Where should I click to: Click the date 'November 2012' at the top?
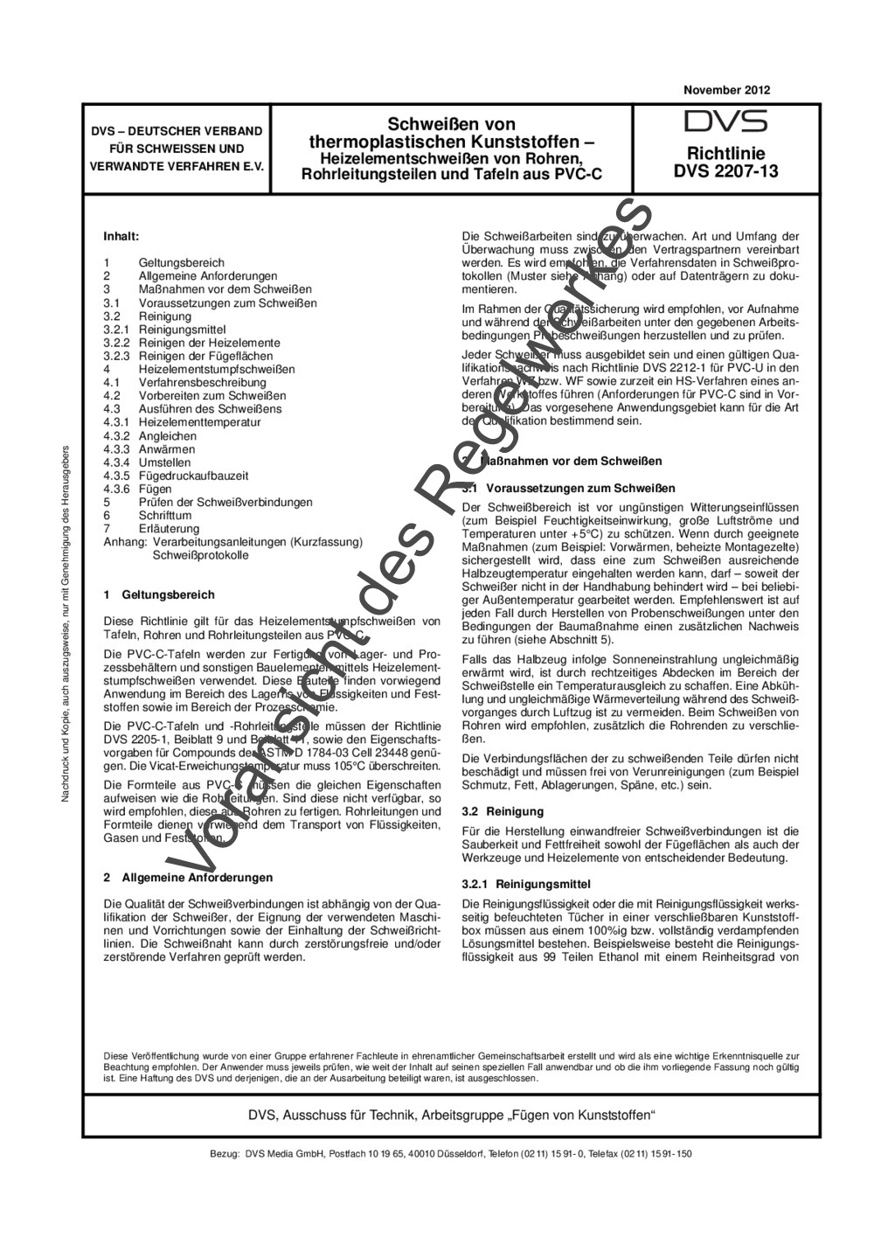(x=726, y=90)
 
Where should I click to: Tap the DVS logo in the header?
(x=725, y=122)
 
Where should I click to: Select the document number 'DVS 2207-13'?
(x=725, y=171)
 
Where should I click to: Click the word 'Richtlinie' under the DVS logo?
(x=725, y=153)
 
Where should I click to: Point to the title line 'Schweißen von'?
(x=451, y=124)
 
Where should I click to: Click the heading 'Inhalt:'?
(x=121, y=236)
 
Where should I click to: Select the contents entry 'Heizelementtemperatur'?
(x=199, y=422)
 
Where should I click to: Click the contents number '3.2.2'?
(x=116, y=343)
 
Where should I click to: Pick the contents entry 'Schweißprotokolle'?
(x=201, y=555)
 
